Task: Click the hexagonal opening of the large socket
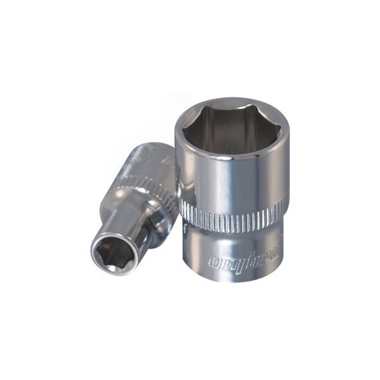click(231, 123)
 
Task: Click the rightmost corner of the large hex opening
click(276, 124)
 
